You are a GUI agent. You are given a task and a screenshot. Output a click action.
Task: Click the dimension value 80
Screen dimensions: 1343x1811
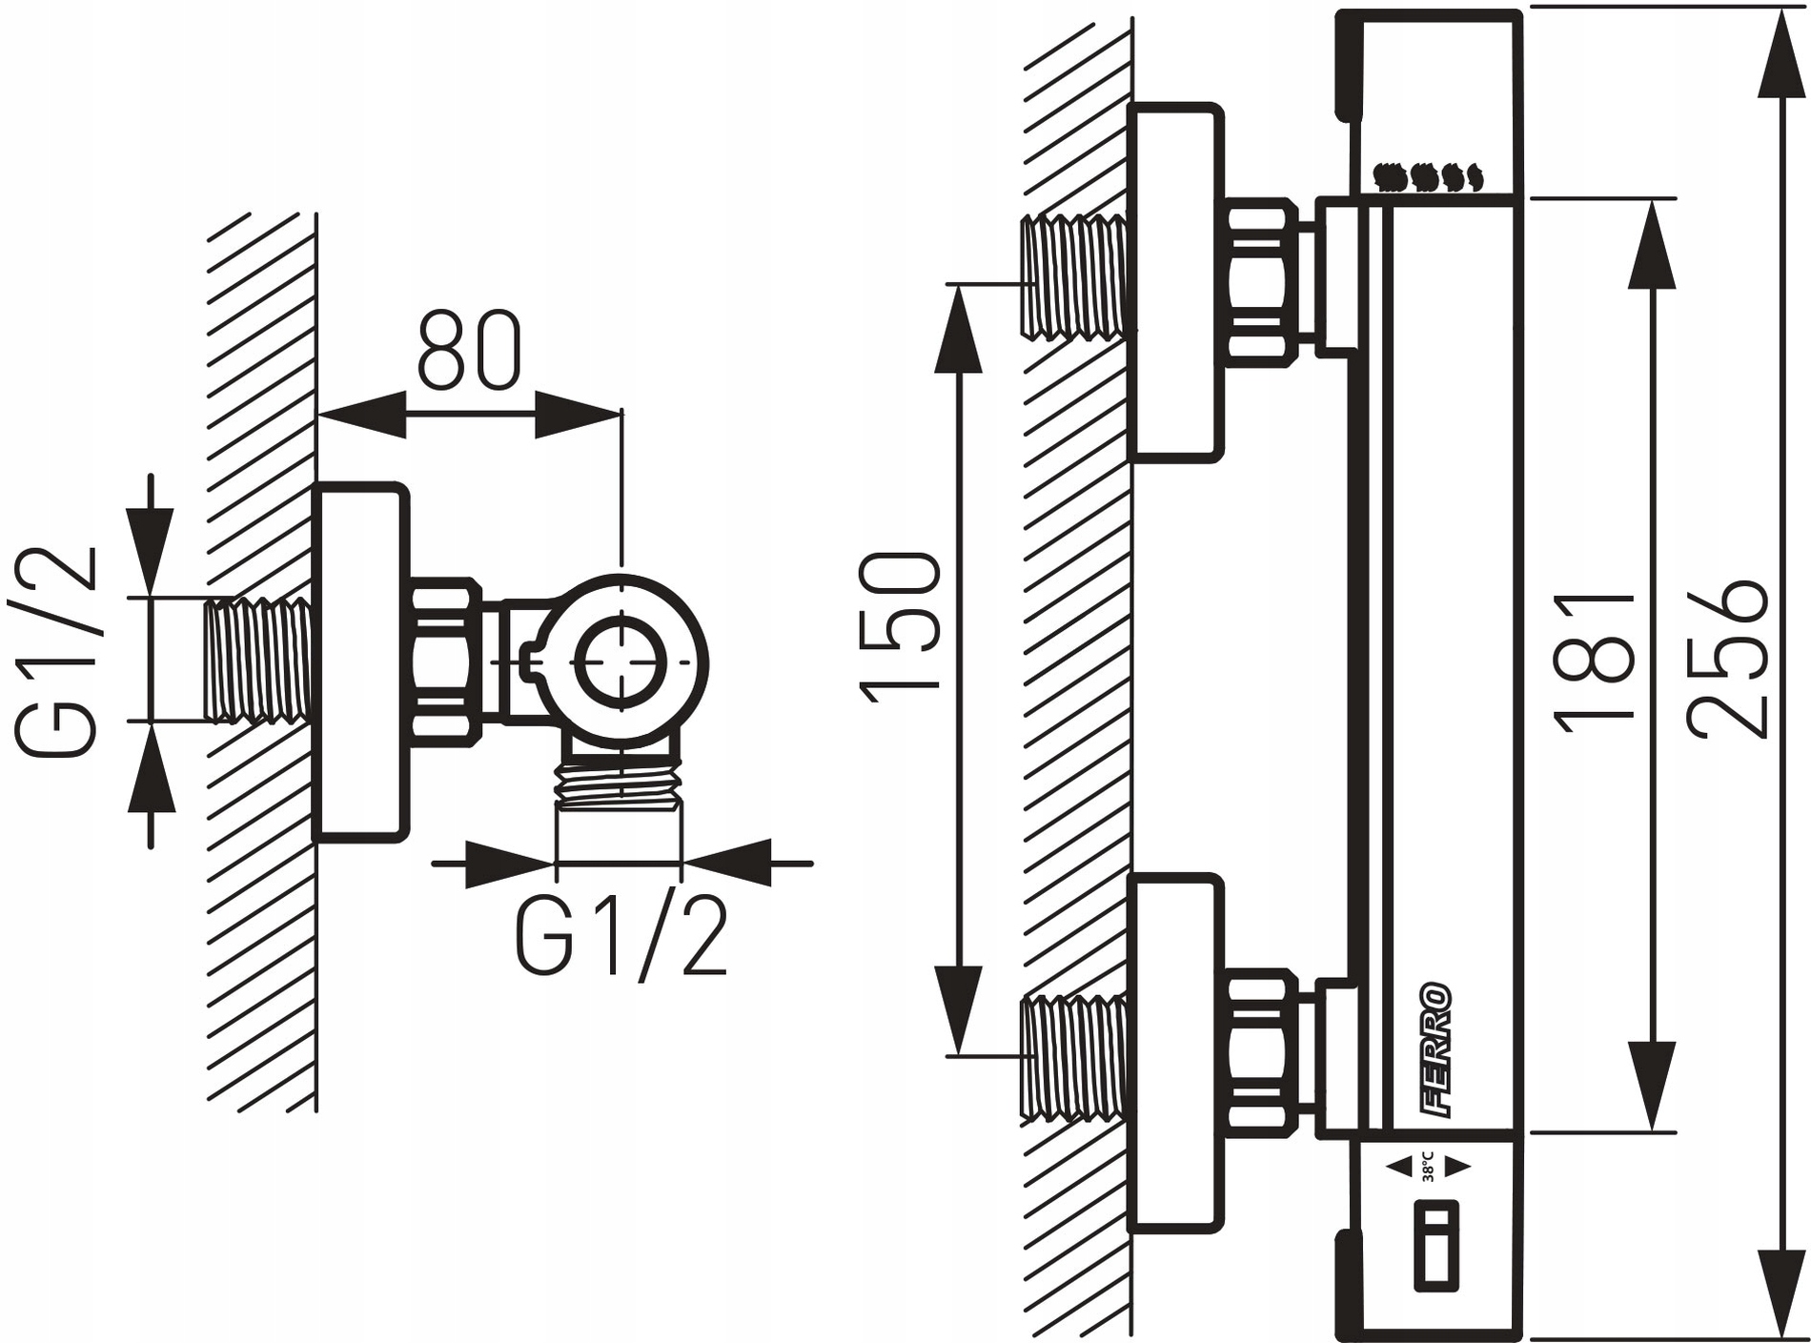click(469, 350)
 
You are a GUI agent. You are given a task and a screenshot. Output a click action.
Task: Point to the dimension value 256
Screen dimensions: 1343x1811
click(1727, 658)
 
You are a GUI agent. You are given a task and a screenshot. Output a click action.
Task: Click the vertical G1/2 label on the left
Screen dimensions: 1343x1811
click(57, 651)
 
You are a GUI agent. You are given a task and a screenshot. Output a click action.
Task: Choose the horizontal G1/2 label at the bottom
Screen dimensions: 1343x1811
click(621, 933)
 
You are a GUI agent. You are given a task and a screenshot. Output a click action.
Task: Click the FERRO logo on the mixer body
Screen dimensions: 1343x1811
click(1435, 1049)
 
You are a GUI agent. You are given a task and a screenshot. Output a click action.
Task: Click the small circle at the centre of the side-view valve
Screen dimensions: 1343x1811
click(621, 661)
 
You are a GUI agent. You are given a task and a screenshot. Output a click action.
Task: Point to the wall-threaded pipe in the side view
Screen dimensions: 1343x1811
click(259, 661)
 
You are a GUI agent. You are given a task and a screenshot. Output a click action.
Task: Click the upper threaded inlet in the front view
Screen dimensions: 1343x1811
click(1072, 276)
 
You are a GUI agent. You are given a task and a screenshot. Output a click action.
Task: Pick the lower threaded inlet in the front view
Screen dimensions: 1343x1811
click(1072, 1055)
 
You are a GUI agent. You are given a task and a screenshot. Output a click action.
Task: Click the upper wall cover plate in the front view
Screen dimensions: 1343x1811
click(1174, 282)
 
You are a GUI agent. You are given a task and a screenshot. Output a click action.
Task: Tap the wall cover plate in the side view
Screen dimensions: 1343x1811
click(361, 662)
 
